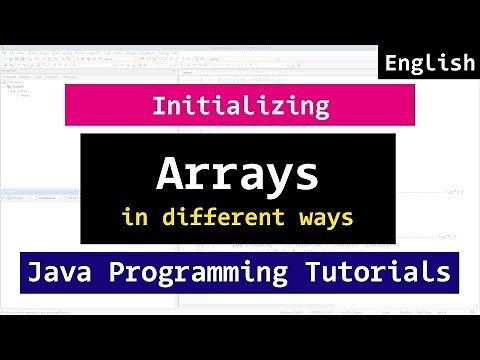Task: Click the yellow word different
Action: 232,216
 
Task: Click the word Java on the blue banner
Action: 66,270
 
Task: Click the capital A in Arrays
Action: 169,177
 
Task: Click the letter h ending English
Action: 467,63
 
